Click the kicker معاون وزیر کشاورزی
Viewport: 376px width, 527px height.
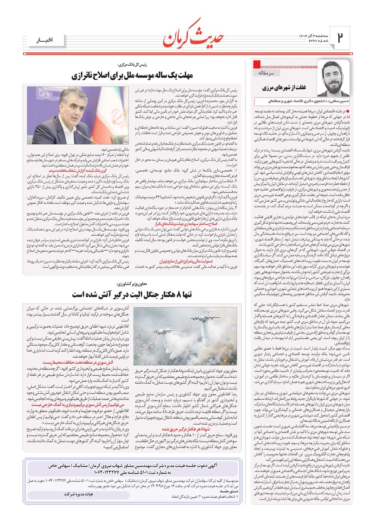pos(132,283)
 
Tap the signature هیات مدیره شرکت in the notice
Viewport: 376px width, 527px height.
pos(79,494)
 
